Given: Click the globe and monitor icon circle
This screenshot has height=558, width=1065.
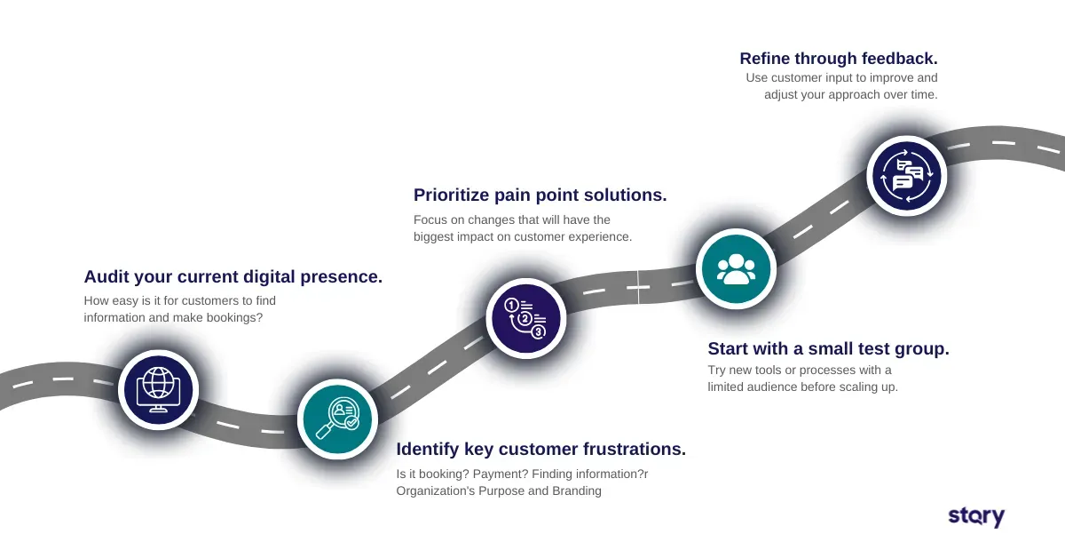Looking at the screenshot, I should (x=159, y=389).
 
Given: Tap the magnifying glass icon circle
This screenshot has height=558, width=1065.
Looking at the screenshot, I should (x=338, y=418).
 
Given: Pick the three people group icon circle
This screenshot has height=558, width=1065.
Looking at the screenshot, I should (x=736, y=268).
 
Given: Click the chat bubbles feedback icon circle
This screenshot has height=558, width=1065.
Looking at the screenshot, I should (x=906, y=174).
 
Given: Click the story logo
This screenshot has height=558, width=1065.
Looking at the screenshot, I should (x=976, y=516).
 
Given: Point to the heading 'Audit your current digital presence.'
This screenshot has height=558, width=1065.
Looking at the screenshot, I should (x=233, y=276).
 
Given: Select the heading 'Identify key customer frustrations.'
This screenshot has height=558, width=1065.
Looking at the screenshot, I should (x=540, y=449).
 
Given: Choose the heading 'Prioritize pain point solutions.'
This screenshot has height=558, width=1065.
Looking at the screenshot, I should (x=540, y=194).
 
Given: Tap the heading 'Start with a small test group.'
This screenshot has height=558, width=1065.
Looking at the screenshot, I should (x=828, y=348).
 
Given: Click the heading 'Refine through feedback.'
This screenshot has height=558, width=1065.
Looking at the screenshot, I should (x=838, y=58).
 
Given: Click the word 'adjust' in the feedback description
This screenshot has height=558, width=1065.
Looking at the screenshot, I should (x=782, y=94).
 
